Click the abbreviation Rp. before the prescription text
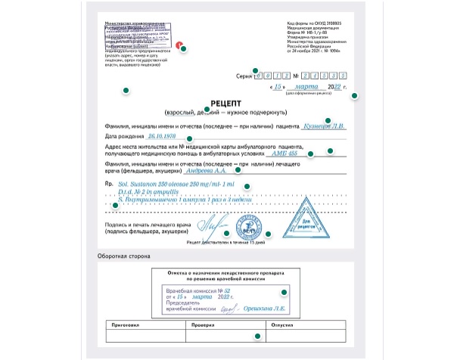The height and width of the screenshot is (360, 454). coord(108,184)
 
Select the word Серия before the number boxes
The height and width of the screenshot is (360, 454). coord(244,76)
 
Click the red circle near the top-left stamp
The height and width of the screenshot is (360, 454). coord(179,45)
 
